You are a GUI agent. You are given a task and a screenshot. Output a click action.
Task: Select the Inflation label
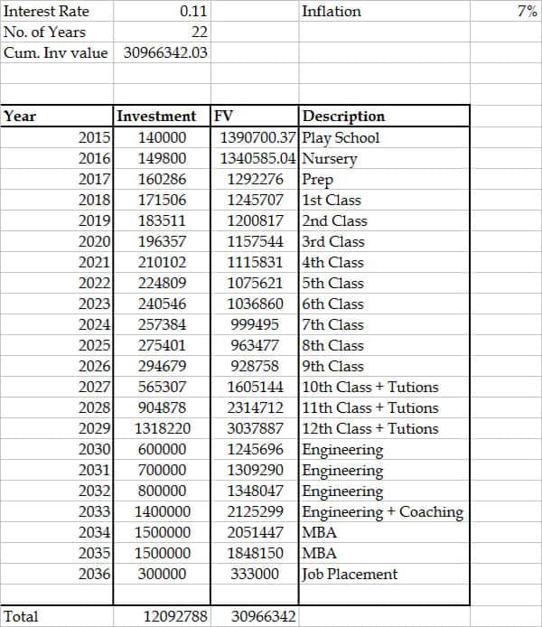click(x=332, y=12)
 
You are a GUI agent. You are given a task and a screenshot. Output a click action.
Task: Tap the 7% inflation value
click(x=528, y=12)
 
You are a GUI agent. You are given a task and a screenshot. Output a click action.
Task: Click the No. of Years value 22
click(x=200, y=33)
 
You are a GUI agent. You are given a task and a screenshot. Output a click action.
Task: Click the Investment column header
click(x=156, y=117)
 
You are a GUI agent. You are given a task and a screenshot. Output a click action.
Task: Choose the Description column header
click(x=343, y=117)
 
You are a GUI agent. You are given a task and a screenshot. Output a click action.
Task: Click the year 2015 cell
click(x=94, y=138)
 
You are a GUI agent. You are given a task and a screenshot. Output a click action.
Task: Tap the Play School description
click(x=341, y=138)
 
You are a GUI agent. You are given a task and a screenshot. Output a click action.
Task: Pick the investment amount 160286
click(x=162, y=180)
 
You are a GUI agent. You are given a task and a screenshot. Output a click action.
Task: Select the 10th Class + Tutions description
click(x=369, y=388)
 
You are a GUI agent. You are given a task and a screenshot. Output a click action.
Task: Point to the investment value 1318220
click(x=162, y=429)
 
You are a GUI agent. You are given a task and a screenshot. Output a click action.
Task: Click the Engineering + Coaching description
click(x=382, y=512)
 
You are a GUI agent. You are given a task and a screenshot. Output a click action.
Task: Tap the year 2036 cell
click(x=94, y=575)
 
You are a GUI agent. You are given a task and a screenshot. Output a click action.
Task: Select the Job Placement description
click(x=350, y=575)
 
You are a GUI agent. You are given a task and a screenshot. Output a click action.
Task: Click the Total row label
click(x=22, y=616)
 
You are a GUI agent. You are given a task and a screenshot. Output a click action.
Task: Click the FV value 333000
click(x=266, y=575)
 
